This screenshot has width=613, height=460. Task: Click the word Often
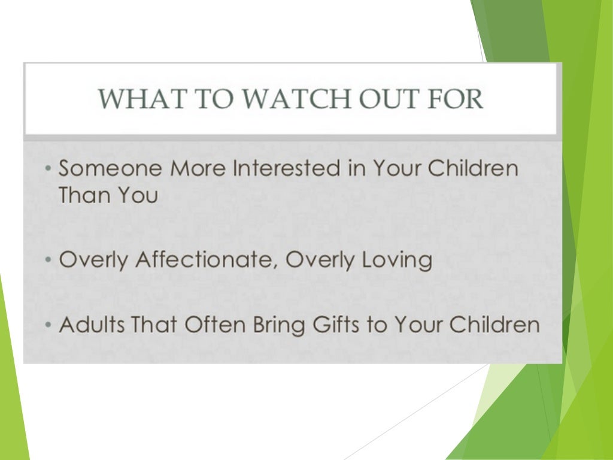216,325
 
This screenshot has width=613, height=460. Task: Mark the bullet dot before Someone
48,170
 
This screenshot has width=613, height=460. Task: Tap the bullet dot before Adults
48,326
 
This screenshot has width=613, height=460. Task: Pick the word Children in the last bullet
494,325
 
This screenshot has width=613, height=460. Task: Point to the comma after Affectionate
277,267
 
